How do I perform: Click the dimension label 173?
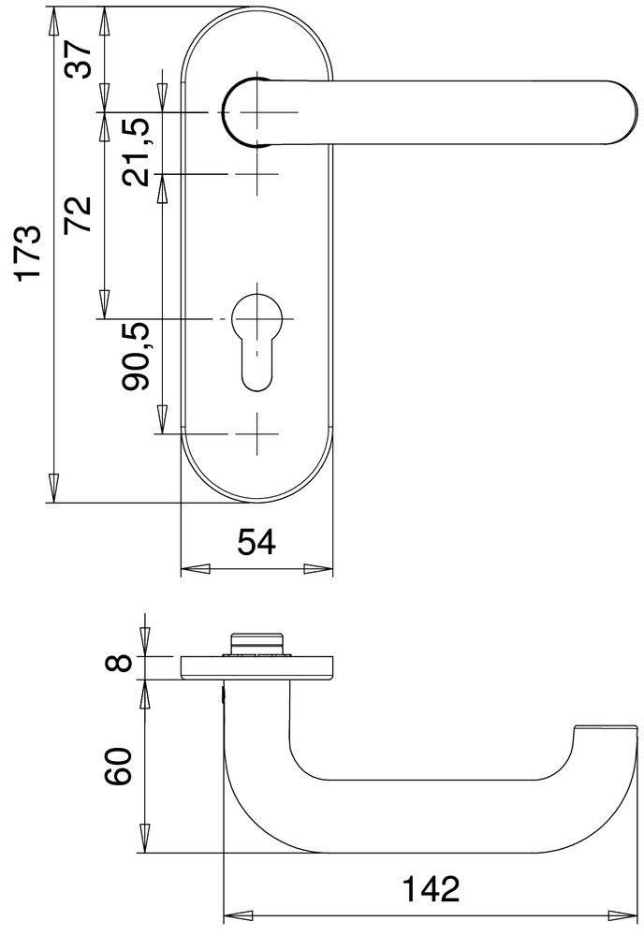click(30, 252)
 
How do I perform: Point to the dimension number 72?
click(80, 216)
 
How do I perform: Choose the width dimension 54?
click(256, 542)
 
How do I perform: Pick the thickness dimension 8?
click(116, 665)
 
